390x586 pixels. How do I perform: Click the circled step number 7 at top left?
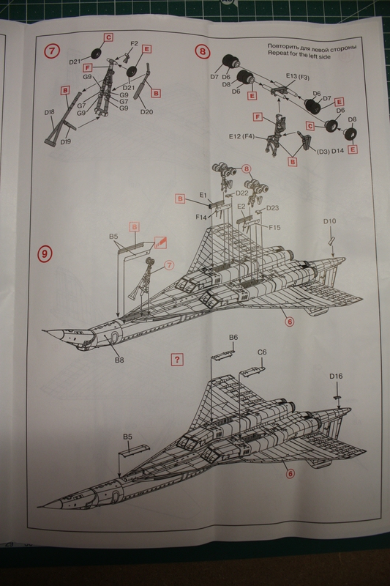coord(52,52)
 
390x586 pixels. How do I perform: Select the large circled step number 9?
coord(45,254)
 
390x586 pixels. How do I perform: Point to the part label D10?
coord(330,221)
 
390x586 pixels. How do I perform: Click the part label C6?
coord(262,352)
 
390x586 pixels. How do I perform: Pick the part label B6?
coord(233,337)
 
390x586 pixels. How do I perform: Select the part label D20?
coord(146,112)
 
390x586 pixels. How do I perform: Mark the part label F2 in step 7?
coord(134,44)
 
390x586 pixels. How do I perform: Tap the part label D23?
coord(272,208)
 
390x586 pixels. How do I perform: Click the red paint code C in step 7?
coord(108,37)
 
